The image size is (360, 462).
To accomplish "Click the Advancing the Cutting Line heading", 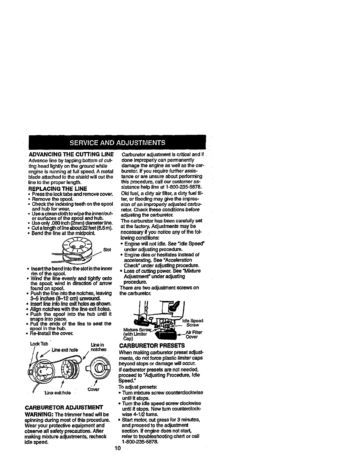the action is [x=71, y=155].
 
